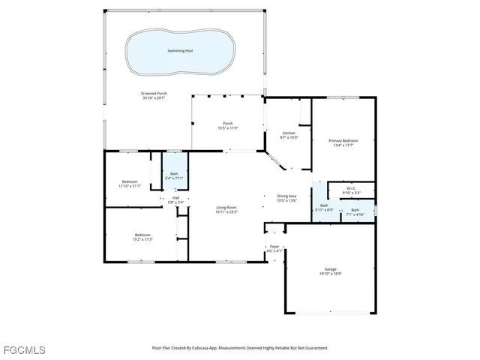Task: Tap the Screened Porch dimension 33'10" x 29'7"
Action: pyautogui.click(x=154, y=97)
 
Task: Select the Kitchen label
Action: pyautogui.click(x=289, y=133)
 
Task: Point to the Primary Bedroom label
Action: pyautogui.click(x=343, y=140)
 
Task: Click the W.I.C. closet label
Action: pyautogui.click(x=351, y=189)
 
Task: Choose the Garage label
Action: pyautogui.click(x=330, y=269)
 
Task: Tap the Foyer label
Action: pyautogui.click(x=274, y=246)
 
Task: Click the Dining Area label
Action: pyautogui.click(x=287, y=196)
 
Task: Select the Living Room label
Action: pyautogui.click(x=227, y=208)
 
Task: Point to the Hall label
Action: pyautogui.click(x=175, y=198)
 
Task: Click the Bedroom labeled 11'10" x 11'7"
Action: pyautogui.click(x=130, y=181)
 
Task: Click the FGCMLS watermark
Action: pyautogui.click(x=23, y=349)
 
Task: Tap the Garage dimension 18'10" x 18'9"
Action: pyautogui.click(x=330, y=274)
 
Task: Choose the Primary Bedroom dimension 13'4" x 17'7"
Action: pyautogui.click(x=343, y=145)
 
